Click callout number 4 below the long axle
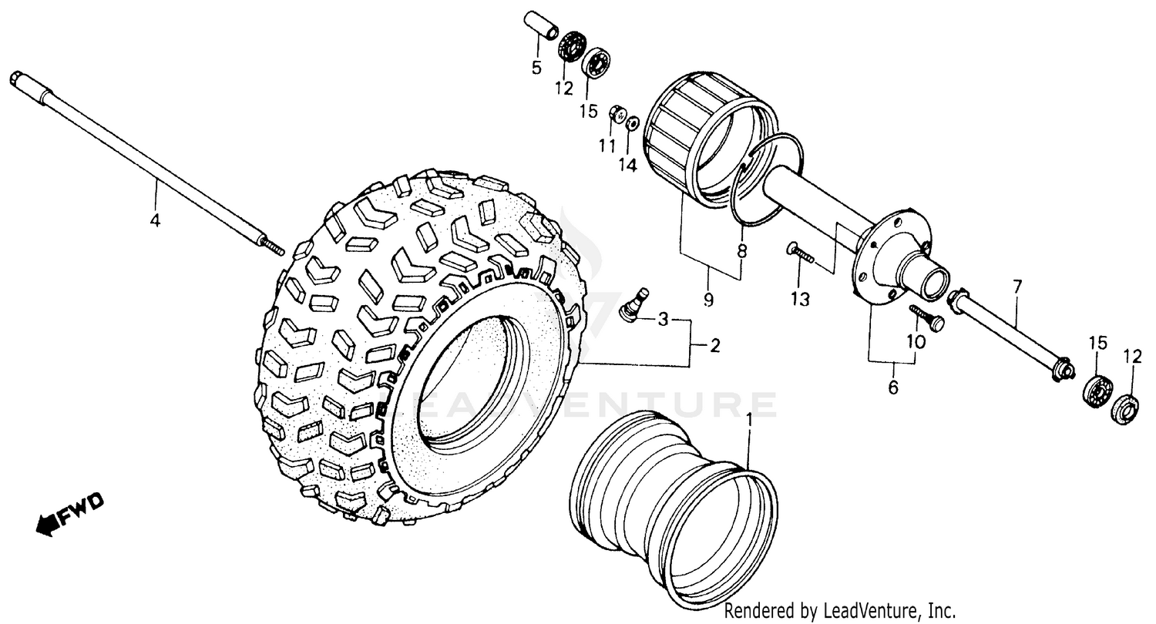click(x=155, y=220)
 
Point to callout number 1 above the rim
click(x=749, y=421)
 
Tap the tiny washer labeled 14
click(x=632, y=122)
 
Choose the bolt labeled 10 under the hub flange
click(x=926, y=319)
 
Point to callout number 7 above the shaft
click(x=1017, y=288)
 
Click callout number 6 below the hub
click(x=892, y=387)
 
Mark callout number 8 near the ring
click(x=742, y=250)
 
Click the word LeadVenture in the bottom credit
click(x=872, y=611)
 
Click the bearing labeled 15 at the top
click(x=596, y=63)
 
